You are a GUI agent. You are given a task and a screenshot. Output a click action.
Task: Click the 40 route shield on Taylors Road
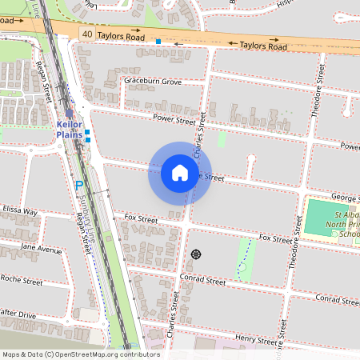click(x=86, y=33)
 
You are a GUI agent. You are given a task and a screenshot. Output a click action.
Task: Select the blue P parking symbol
click(x=78, y=186)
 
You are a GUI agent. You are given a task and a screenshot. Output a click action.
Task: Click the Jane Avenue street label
click(x=42, y=250)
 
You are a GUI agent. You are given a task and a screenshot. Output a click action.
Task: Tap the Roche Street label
click(x=22, y=281)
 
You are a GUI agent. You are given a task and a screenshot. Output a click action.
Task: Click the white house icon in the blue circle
click(x=179, y=173)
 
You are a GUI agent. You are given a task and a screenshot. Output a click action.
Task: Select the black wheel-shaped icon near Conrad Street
click(x=196, y=254)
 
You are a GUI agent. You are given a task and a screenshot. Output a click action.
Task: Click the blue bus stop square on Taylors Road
click(x=158, y=41)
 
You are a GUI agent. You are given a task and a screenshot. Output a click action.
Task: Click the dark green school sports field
click(x=326, y=216)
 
